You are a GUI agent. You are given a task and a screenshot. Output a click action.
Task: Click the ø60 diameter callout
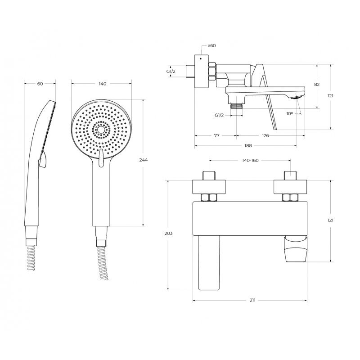click(x=211, y=45)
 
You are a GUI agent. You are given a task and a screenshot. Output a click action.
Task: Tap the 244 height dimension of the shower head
click(x=144, y=160)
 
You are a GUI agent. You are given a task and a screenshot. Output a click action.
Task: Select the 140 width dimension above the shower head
click(x=103, y=84)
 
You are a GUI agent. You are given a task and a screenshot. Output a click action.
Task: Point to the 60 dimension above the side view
click(x=40, y=84)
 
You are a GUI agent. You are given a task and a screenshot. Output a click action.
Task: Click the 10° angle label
click(x=289, y=113)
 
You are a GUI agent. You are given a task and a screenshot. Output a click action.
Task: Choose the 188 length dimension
click(x=248, y=145)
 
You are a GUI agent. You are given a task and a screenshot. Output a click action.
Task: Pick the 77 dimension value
click(x=216, y=135)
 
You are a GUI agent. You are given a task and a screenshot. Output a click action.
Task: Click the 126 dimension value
click(x=265, y=135)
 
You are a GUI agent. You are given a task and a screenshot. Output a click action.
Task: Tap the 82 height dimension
click(x=317, y=85)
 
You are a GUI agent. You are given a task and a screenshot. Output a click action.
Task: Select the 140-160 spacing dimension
click(x=250, y=161)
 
